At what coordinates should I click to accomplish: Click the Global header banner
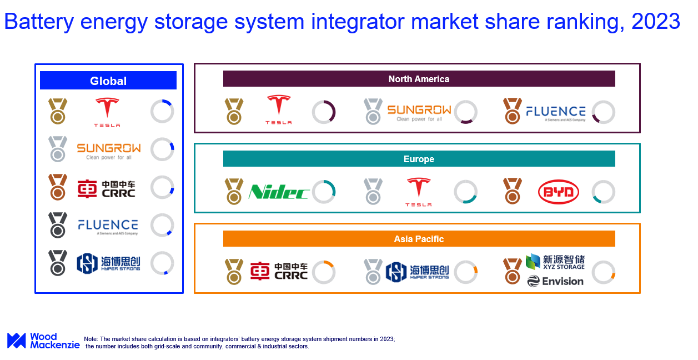click(x=108, y=81)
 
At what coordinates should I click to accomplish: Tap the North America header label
click(x=419, y=79)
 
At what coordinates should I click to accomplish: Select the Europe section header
click(x=419, y=159)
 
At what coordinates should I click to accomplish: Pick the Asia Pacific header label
click(x=419, y=239)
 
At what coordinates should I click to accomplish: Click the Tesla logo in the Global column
click(x=107, y=112)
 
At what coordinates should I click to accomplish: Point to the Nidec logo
click(x=278, y=192)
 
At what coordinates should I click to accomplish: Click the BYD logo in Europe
click(x=559, y=192)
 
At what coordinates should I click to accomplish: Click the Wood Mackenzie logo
click(x=43, y=341)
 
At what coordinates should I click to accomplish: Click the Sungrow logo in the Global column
click(x=109, y=151)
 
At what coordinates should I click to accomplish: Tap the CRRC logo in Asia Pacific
click(x=279, y=271)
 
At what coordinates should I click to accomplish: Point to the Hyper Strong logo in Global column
click(x=108, y=263)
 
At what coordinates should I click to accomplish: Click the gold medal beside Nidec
click(x=234, y=191)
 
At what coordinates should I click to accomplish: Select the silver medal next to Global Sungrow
click(x=58, y=149)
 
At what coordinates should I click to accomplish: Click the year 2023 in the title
click(x=656, y=22)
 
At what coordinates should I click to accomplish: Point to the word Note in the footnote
click(x=91, y=339)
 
